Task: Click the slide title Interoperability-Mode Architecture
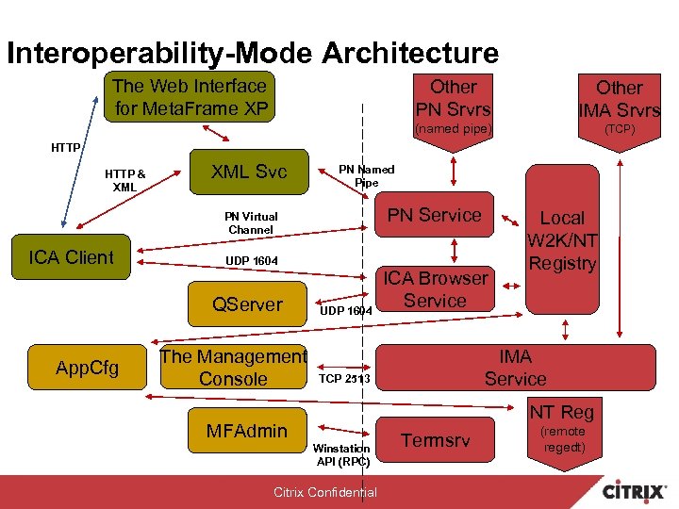252,52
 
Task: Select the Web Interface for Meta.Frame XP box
190,97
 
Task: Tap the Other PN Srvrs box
454,98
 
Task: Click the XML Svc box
249,171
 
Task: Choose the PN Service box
434,215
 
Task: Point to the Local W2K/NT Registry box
562,240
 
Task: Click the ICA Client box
71,257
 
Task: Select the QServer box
248,304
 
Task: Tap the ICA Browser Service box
435,289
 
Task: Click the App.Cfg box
87,368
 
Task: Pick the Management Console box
233,368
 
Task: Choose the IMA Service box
515,368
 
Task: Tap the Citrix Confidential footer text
324,492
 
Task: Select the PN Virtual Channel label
250,222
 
